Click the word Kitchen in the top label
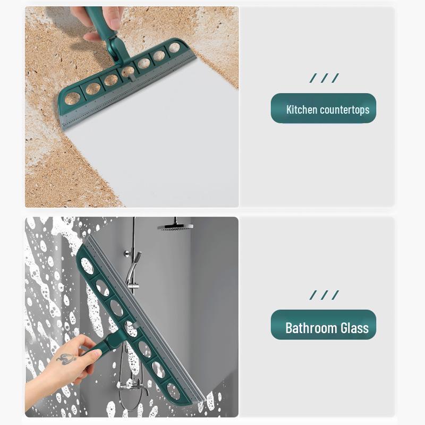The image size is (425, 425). pos(301,110)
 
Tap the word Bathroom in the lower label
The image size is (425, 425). pos(311,328)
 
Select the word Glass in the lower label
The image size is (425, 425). pos(354,328)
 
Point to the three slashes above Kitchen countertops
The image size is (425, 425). pos(324,79)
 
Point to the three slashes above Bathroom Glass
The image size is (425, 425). pos(324,295)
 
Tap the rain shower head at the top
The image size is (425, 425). pos(175,226)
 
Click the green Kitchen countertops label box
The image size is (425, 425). pos(324,108)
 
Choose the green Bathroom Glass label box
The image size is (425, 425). pos(324,325)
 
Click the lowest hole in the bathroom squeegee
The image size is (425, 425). pos(173,391)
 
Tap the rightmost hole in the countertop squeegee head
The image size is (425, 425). pos(174,48)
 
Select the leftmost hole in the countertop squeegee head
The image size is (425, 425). pos(73,98)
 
